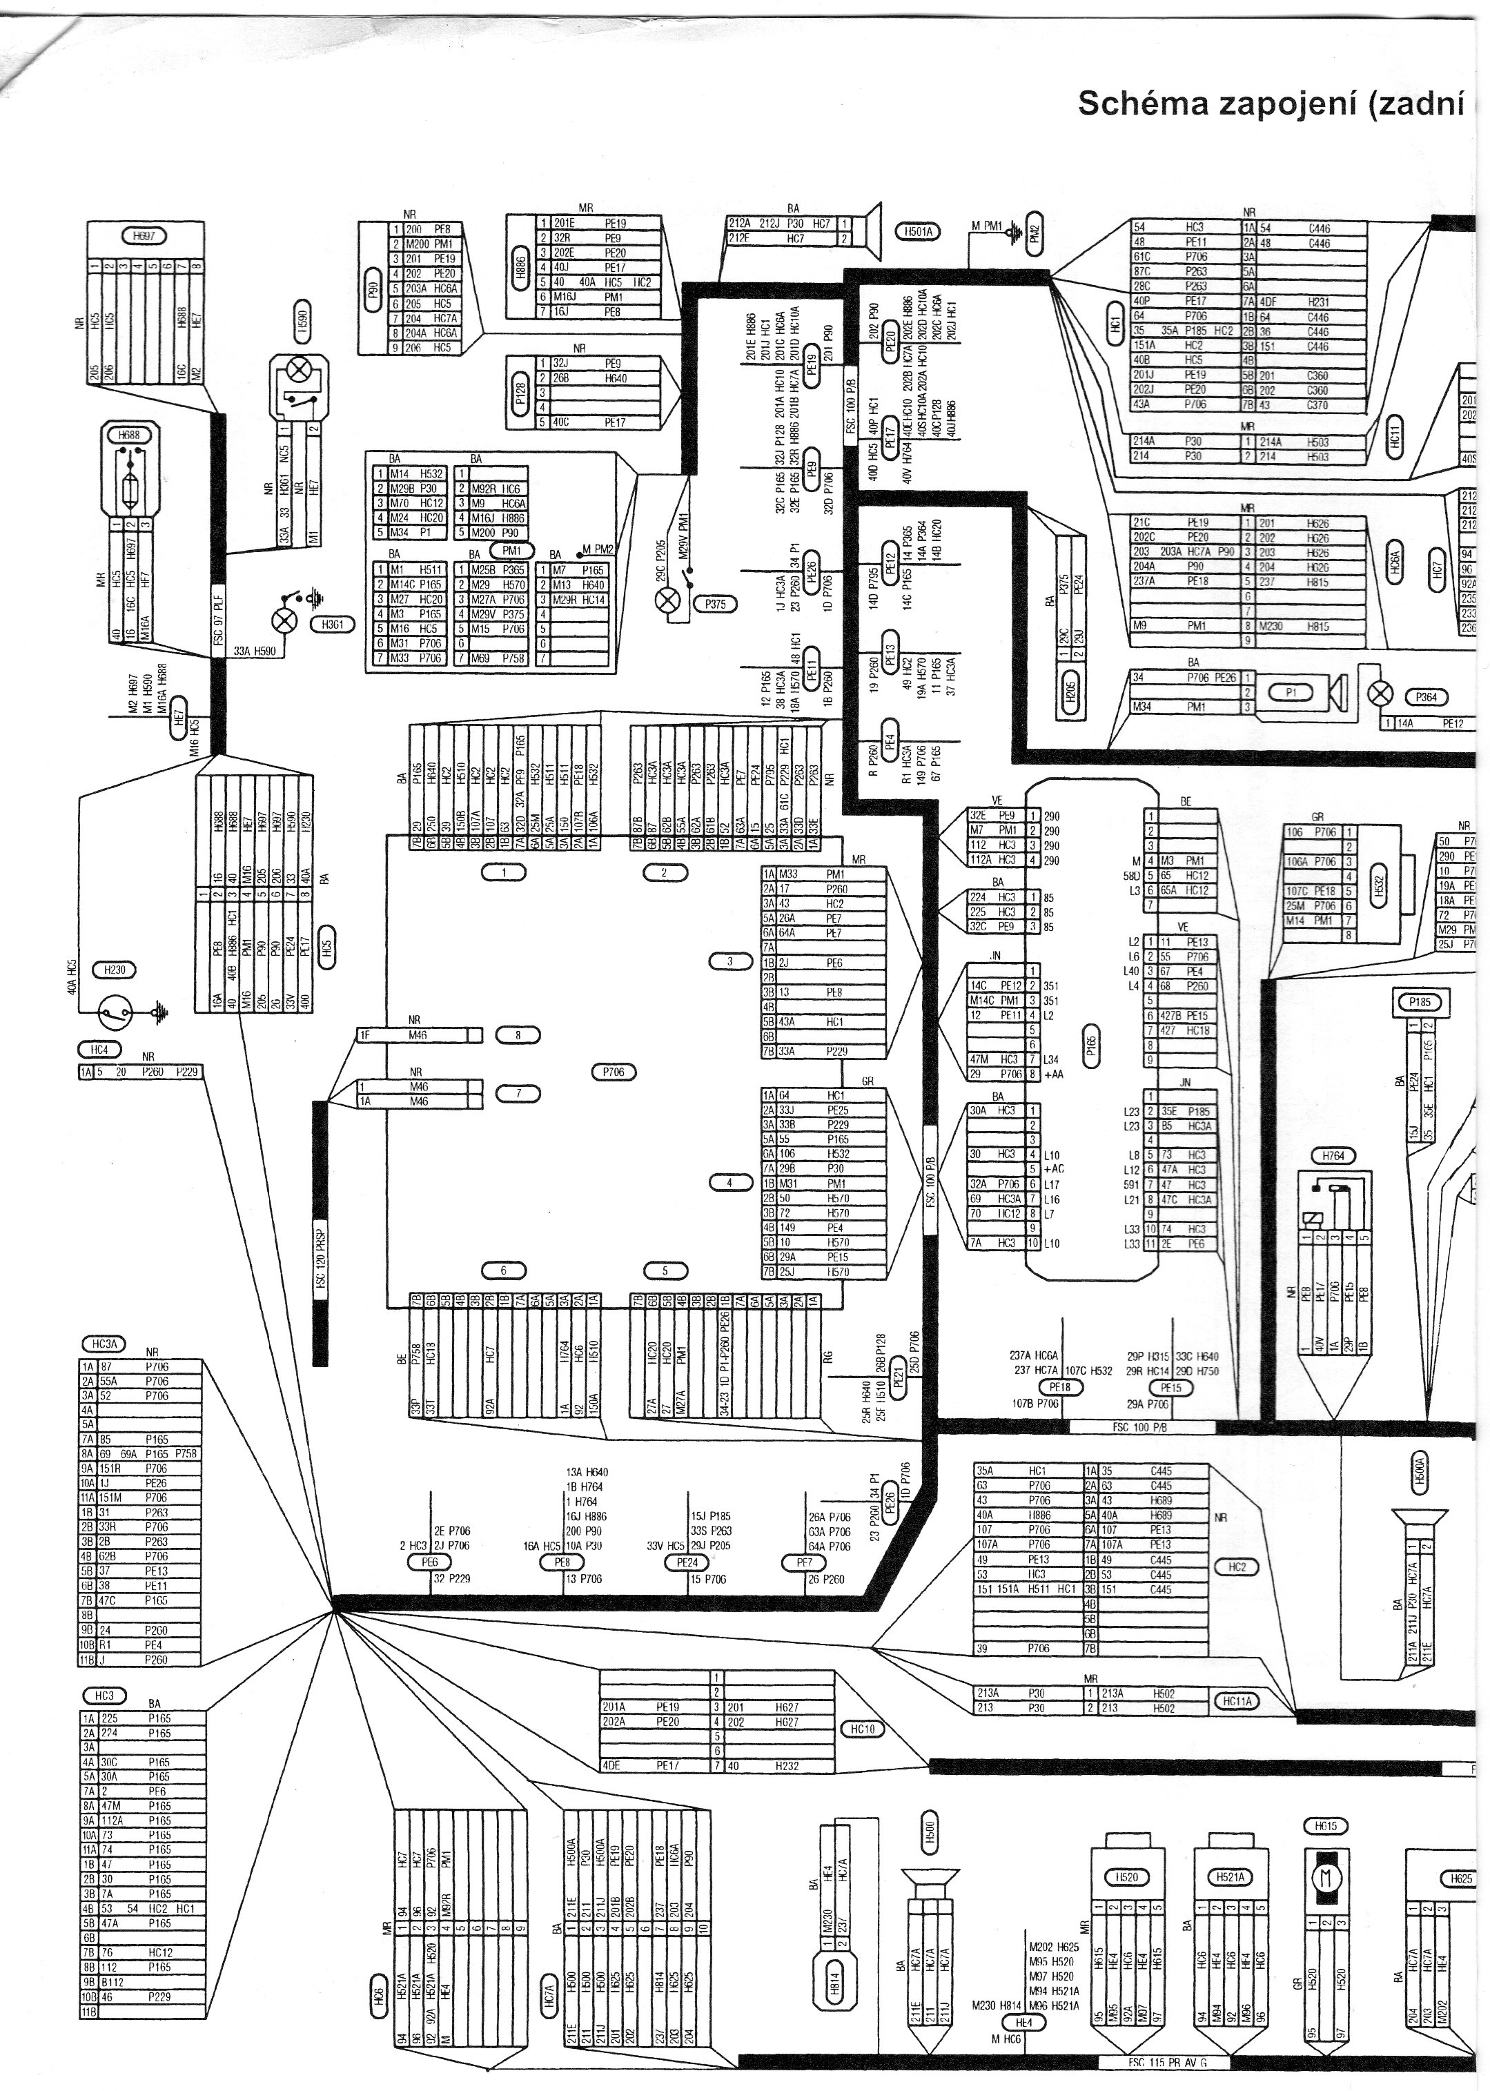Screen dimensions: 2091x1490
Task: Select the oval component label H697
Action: [x=143, y=237]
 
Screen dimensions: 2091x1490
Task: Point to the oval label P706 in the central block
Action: [x=614, y=1072]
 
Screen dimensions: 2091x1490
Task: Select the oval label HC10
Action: [x=863, y=1729]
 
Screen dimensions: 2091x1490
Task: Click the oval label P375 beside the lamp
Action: [x=715, y=604]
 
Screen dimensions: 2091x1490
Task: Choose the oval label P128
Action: [x=521, y=395]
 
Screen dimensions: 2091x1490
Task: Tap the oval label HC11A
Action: [x=1237, y=1701]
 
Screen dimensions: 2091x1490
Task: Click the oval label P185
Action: [x=1420, y=1003]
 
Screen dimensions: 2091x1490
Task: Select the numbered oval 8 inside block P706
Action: [x=518, y=1035]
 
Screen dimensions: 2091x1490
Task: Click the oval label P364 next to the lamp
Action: [x=1425, y=697]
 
